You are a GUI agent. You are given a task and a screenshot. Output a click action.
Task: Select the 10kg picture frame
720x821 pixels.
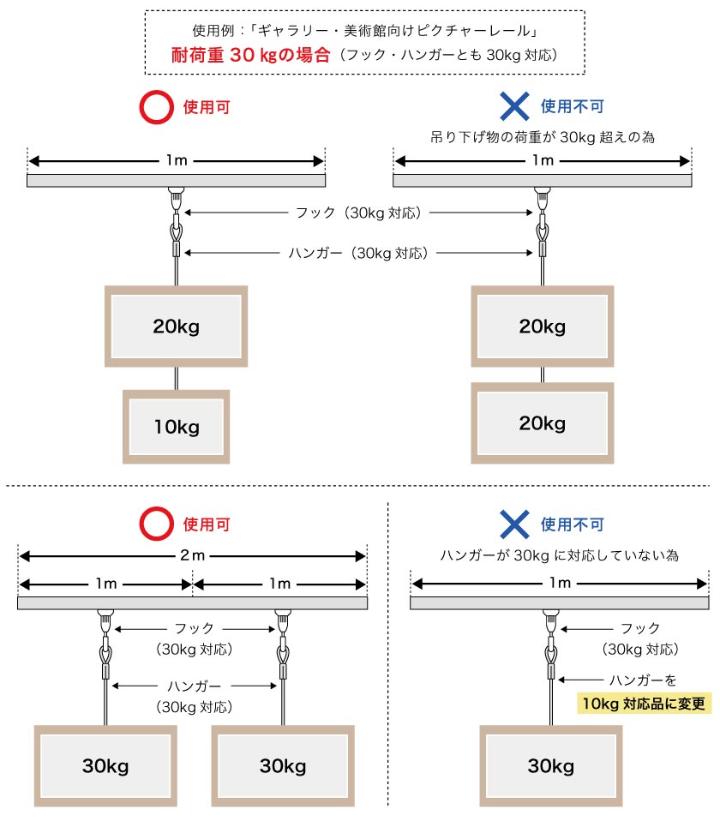(x=177, y=427)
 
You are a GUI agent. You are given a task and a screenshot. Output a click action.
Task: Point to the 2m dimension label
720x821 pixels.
(x=193, y=555)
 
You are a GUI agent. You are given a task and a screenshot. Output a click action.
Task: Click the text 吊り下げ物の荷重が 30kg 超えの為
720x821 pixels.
(x=542, y=136)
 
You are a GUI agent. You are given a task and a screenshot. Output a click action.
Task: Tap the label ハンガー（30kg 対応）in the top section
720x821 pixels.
(x=358, y=252)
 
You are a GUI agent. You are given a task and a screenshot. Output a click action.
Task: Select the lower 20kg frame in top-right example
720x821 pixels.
(x=542, y=423)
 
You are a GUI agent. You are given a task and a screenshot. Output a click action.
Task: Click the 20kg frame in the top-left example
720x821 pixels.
(x=177, y=326)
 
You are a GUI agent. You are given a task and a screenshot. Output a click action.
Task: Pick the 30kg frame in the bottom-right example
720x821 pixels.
(x=550, y=766)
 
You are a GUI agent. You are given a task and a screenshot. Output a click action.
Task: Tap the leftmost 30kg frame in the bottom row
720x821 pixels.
(x=105, y=766)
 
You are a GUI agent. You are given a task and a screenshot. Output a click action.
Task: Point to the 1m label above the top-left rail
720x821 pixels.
(x=177, y=159)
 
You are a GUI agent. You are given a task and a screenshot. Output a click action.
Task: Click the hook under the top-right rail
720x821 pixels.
(x=542, y=199)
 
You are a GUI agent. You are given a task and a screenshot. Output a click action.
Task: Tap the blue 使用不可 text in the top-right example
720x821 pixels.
(x=573, y=107)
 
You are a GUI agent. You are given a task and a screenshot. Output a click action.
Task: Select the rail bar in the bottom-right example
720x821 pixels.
(x=560, y=604)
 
